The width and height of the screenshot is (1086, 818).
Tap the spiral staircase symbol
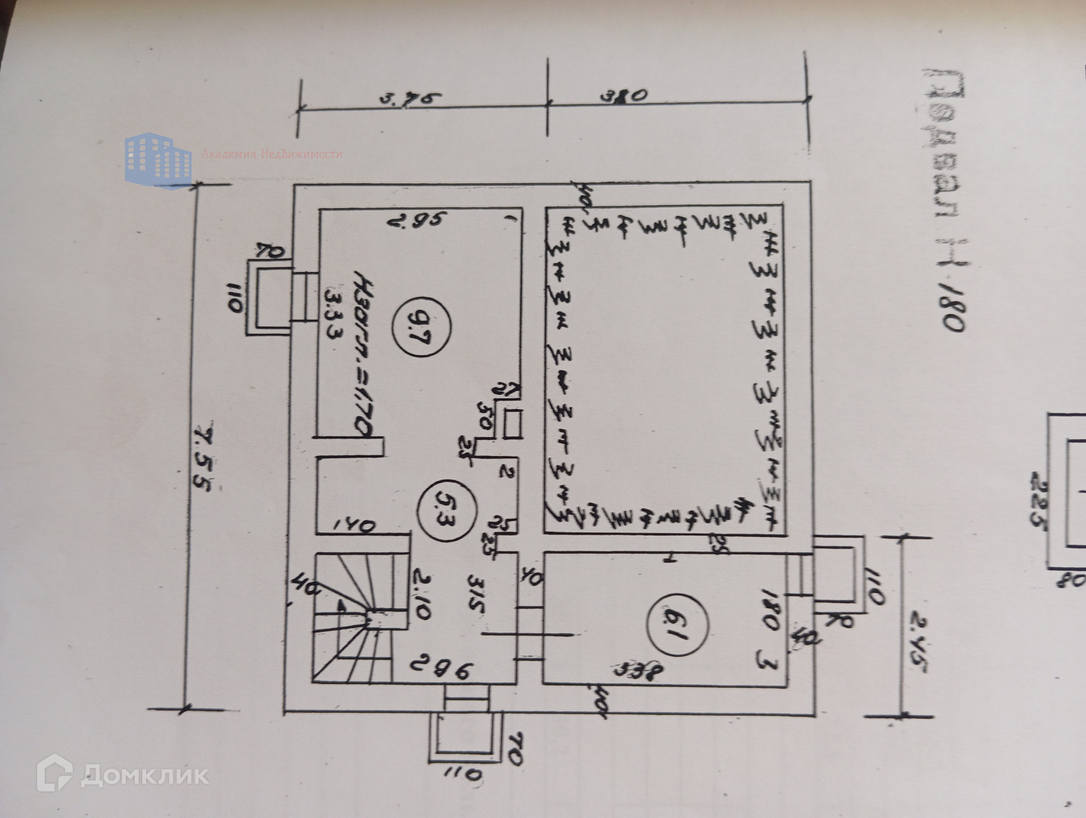pos(352,617)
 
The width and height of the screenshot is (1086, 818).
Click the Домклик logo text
pos(144,775)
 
